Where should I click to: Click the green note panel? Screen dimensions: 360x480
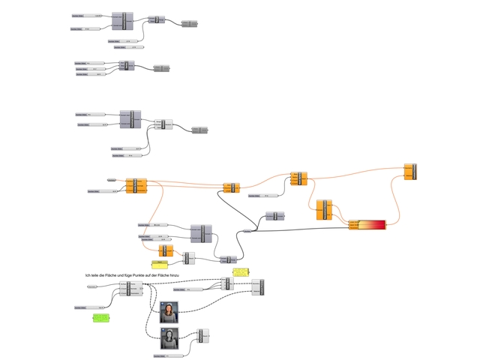coord(100,319)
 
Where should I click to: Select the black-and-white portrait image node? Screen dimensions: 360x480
coord(171,338)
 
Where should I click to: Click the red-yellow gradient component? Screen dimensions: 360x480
coord(367,225)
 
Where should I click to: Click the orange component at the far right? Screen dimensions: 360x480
coord(409,172)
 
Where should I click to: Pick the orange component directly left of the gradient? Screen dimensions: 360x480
coord(324,209)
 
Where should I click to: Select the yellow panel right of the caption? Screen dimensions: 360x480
coord(240,272)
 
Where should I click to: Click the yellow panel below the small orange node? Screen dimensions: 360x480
coord(161,264)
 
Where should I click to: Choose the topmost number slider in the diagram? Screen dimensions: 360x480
coord(87,15)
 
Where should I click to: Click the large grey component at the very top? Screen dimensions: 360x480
coord(121,21)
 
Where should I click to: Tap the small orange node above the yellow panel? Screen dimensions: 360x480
coord(166,250)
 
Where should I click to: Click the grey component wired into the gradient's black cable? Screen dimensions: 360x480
coord(274,216)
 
